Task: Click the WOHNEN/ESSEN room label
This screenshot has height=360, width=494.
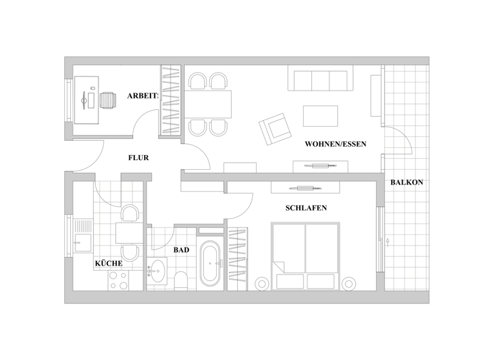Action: click(336, 144)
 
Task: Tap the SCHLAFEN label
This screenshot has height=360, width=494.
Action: click(306, 208)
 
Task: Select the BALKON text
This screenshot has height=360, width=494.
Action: click(407, 182)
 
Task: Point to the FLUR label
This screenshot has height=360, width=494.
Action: click(139, 157)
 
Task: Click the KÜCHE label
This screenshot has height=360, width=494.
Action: click(109, 263)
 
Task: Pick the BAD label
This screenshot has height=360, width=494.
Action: click(181, 250)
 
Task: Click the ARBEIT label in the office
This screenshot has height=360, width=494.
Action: click(142, 96)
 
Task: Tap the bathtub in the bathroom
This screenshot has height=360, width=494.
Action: click(210, 264)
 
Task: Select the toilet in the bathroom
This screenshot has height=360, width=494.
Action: click(181, 280)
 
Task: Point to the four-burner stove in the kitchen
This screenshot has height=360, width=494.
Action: click(117, 280)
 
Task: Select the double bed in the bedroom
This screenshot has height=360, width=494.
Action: click(305, 255)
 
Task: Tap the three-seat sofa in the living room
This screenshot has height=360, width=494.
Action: click(320, 80)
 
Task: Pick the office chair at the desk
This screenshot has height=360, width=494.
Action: click(107, 100)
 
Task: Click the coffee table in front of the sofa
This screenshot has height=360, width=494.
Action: click(320, 116)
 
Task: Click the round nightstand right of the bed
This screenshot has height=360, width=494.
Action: click(349, 283)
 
